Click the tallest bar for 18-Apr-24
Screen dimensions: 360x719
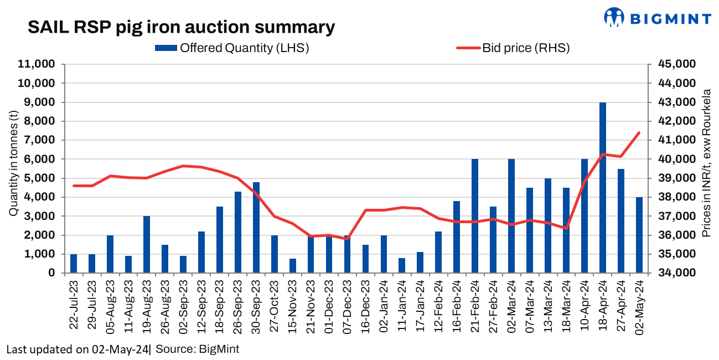click(x=603, y=188)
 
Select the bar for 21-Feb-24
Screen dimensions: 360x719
click(x=475, y=216)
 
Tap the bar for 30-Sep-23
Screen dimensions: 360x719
click(x=256, y=228)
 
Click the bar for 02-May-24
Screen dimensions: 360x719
click(x=639, y=235)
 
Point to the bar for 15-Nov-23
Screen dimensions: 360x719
click(x=293, y=266)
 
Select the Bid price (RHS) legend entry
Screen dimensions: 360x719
click(x=513, y=48)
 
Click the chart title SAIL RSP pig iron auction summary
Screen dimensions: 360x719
click(x=182, y=27)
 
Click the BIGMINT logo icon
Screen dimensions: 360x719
click(x=614, y=17)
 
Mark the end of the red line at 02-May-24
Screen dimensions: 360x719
click(x=639, y=133)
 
